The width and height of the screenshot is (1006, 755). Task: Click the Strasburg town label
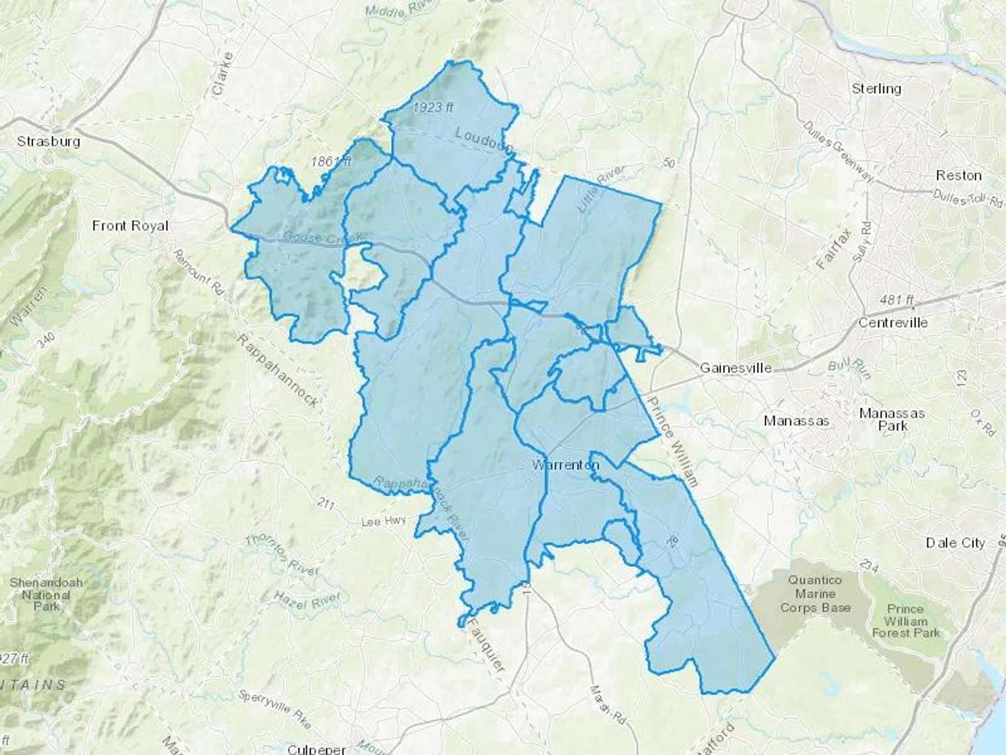49,141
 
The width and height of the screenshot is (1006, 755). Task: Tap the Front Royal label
130,225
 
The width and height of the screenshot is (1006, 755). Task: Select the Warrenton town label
566,465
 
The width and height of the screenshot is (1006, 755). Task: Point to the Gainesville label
735,368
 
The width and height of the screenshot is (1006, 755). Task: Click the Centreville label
893,323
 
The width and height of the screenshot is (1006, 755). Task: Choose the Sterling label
876,88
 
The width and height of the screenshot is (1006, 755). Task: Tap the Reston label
958,176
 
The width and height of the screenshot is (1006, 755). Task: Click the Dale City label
955,542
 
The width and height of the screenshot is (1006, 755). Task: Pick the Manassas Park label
892,419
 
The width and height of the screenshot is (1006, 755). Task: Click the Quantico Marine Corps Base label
815,594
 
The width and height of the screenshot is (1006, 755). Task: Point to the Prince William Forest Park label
905,621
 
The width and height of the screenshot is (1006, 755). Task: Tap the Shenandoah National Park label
46,594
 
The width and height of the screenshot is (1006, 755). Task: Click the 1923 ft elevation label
433,107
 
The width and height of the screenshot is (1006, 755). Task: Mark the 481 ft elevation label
896,300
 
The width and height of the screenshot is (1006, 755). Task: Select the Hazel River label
306,599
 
